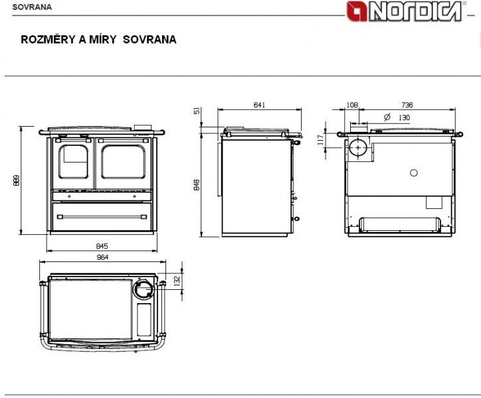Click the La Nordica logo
coord(405,11)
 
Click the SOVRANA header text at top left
coord(32,7)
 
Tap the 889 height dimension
coord(16,180)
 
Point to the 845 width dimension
coord(102,246)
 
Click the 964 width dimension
coord(102,257)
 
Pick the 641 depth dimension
coord(259,105)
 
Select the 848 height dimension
coord(197,185)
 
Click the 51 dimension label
coord(197,111)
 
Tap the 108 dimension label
coord(352,105)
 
